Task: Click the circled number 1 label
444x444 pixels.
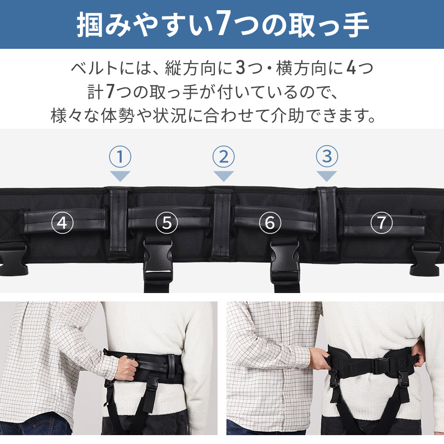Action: coord(120,157)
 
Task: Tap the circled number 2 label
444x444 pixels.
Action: coord(223,157)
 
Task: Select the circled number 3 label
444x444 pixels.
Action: coord(327,157)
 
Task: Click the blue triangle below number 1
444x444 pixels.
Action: coord(120,176)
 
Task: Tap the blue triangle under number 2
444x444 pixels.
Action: coord(223,176)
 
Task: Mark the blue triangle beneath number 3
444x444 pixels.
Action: coord(327,176)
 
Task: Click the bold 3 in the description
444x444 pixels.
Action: coord(240,69)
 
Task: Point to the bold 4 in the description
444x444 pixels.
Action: coord(350,69)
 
